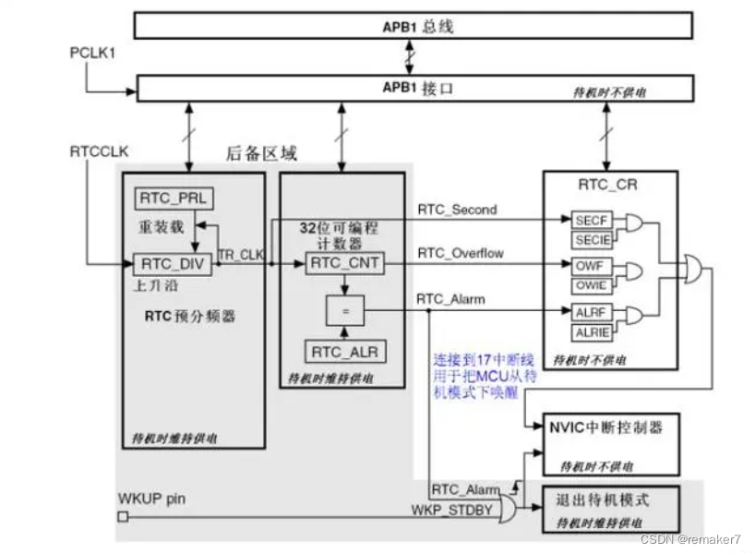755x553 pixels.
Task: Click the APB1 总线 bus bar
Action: [x=413, y=26]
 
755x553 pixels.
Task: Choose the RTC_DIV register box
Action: [x=174, y=264]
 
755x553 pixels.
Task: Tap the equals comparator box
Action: [x=345, y=311]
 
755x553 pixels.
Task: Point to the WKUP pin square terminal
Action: [x=123, y=517]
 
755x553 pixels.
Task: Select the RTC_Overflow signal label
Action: [x=461, y=252]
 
